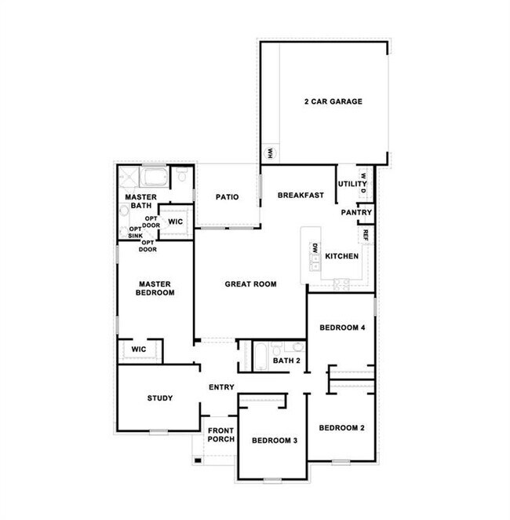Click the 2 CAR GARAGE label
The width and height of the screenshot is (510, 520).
(x=333, y=101)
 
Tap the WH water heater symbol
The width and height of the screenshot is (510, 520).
(x=268, y=152)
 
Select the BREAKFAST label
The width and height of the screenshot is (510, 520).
(x=301, y=196)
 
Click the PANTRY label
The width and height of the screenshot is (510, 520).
(x=355, y=213)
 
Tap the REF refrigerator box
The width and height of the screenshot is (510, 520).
(x=366, y=234)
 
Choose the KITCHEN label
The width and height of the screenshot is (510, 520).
(x=342, y=257)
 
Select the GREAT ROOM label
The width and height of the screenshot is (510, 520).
(x=250, y=284)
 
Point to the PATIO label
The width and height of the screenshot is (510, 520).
(x=228, y=197)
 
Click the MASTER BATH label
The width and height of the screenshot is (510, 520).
(x=140, y=201)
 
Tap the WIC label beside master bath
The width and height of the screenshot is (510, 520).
(x=176, y=222)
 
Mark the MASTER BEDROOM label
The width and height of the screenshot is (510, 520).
(x=155, y=287)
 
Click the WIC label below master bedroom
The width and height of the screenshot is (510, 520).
(x=139, y=349)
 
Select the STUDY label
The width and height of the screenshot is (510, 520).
(x=160, y=398)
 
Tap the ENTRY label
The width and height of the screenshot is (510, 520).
(x=222, y=387)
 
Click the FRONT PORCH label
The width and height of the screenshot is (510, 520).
(x=220, y=434)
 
